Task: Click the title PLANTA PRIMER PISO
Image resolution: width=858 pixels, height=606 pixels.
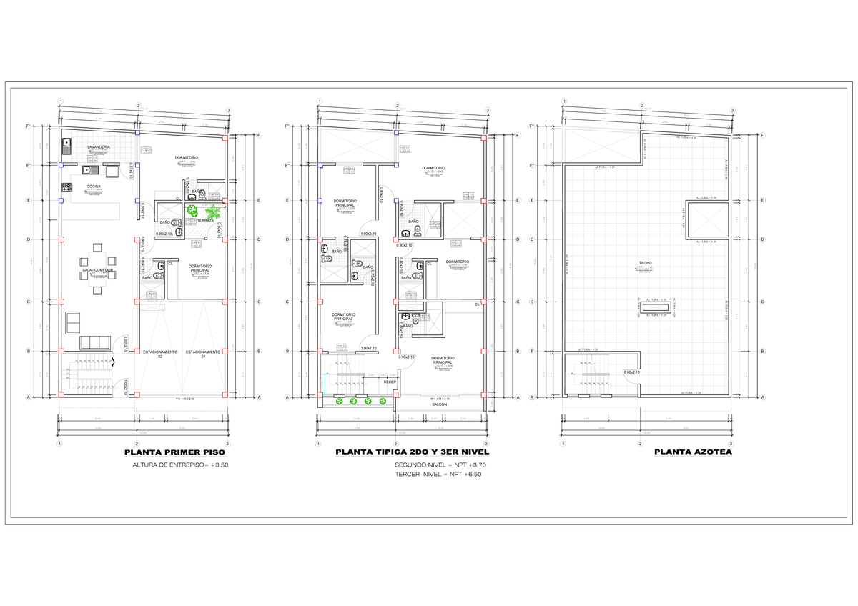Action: click(174, 452)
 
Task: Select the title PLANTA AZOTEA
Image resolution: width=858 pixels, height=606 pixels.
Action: click(692, 452)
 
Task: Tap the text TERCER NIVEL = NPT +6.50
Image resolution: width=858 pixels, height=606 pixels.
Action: click(433, 474)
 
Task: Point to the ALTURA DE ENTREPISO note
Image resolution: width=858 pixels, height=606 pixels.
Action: click(180, 465)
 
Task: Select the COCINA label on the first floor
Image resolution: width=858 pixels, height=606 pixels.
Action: click(94, 187)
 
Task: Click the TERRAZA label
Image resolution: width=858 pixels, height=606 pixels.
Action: click(206, 221)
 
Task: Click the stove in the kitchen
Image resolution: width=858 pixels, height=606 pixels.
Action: click(68, 187)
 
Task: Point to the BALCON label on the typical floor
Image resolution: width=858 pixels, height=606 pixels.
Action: click(439, 404)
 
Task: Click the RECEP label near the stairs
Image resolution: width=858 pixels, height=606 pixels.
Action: click(390, 382)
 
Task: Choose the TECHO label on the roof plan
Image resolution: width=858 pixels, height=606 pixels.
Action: click(645, 264)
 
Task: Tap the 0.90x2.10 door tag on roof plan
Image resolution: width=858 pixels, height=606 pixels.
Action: click(631, 372)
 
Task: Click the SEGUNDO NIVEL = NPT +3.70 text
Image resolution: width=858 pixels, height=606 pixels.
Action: click(437, 465)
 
